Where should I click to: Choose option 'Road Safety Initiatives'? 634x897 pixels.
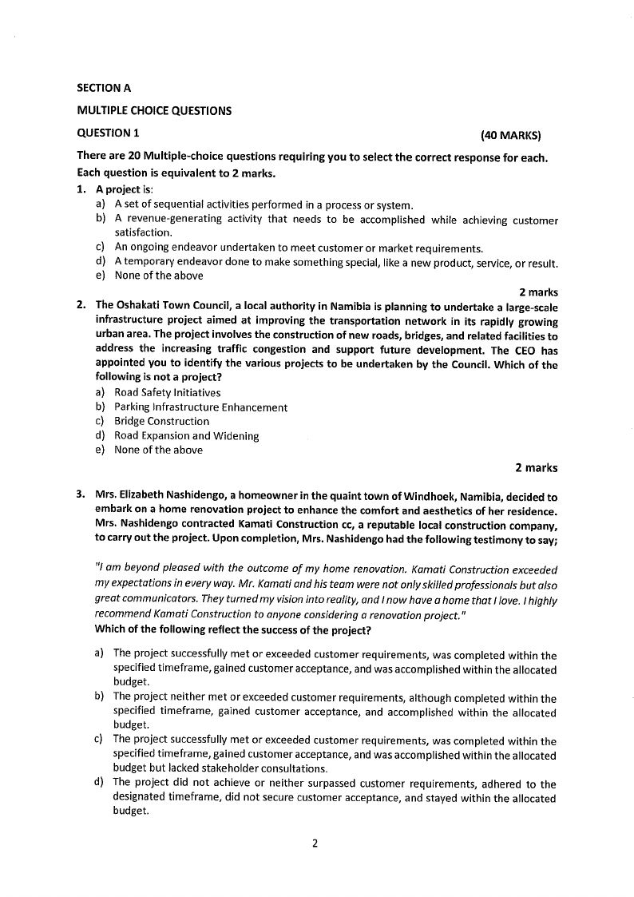(x=168, y=392)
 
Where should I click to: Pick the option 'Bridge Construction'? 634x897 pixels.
(x=161, y=421)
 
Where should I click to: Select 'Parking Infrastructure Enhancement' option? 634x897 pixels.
(x=200, y=407)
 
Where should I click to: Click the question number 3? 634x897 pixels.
(x=81, y=497)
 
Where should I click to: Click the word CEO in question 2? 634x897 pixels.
(x=527, y=349)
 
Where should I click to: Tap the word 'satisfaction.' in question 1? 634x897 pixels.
(x=144, y=232)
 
